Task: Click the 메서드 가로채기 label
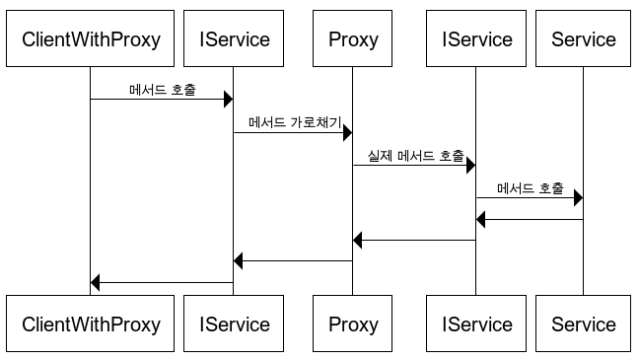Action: pos(295,122)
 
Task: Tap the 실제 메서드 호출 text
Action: pos(416,155)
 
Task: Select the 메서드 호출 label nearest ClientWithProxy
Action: pos(163,90)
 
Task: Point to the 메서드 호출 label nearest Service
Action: pos(531,188)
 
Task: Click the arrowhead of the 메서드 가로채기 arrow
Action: pos(348,132)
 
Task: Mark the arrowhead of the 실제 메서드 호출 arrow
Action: pos(470,165)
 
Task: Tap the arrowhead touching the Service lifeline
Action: pos(578,197)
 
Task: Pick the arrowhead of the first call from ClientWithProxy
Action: pos(228,99)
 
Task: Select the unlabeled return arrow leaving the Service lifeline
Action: pos(530,219)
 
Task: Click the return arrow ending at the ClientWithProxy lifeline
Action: pos(162,282)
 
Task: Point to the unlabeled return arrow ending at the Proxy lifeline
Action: pos(414,240)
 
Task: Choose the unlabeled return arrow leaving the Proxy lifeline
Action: pos(293,261)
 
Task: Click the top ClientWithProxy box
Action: pos(90,38)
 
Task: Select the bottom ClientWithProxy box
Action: pos(90,324)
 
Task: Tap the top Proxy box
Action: pos(352,38)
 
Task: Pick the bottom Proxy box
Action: pos(352,324)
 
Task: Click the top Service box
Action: pos(583,38)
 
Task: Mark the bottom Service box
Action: pos(583,324)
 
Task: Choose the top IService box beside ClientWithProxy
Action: pos(234,38)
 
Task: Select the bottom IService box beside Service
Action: pos(476,324)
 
